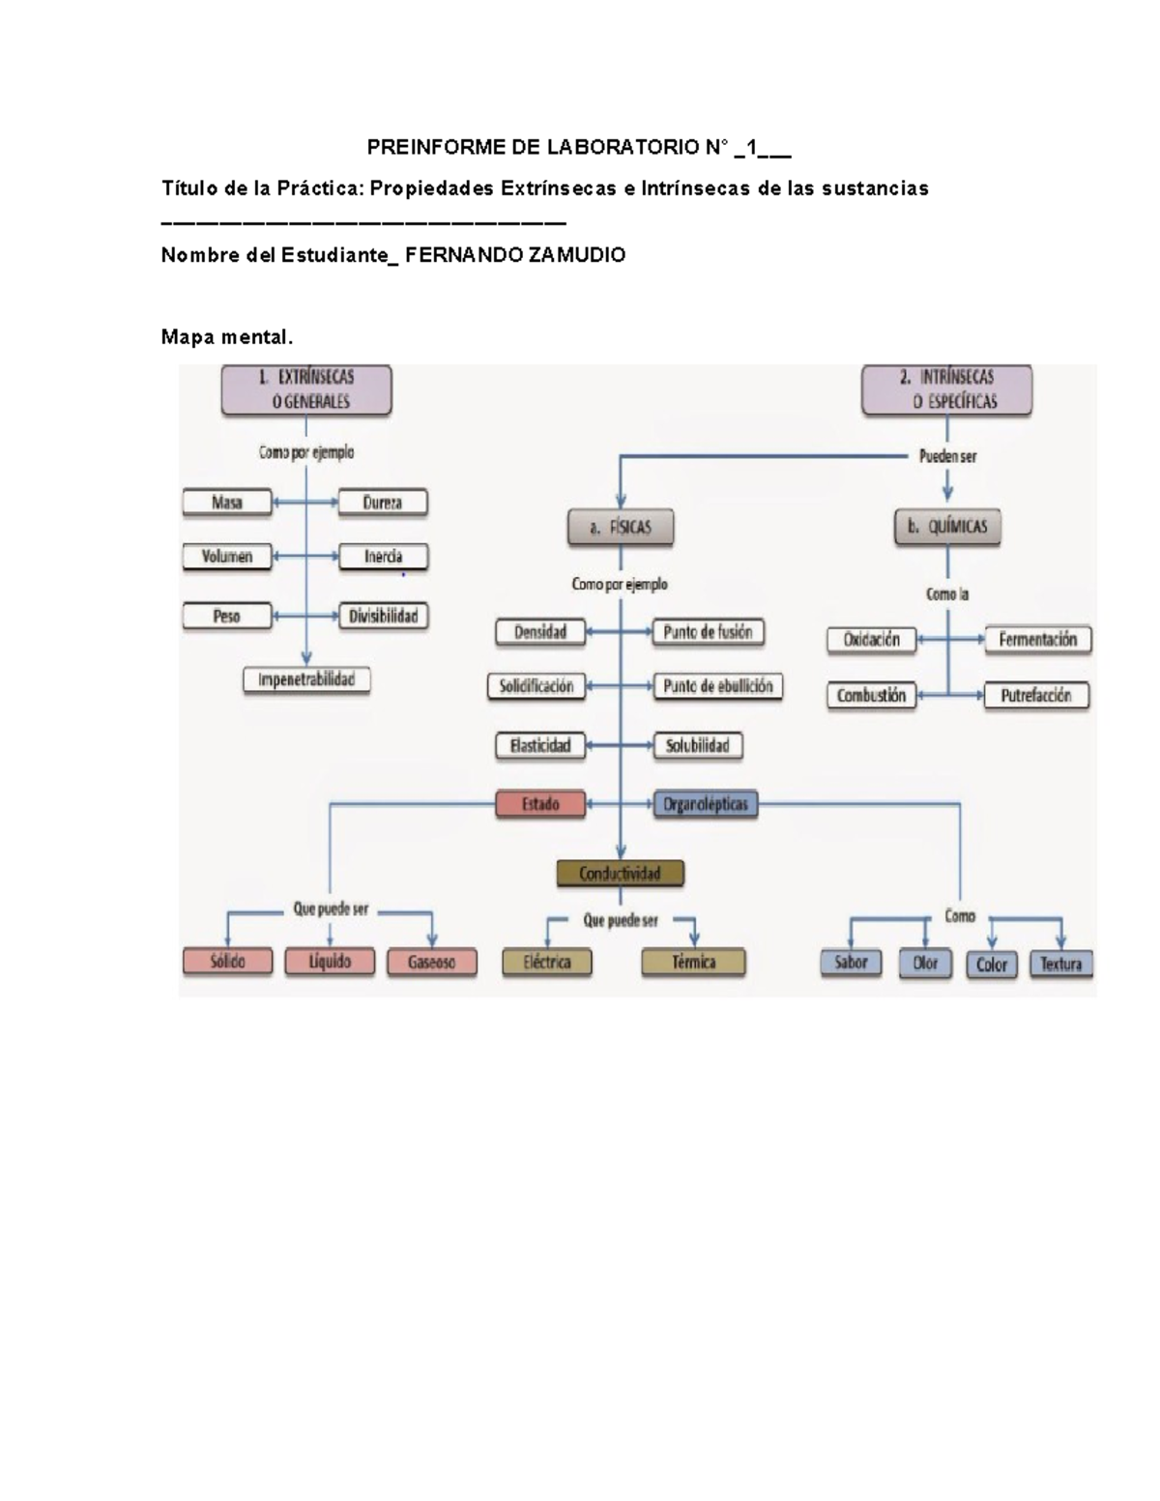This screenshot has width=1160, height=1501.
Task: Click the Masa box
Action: click(227, 503)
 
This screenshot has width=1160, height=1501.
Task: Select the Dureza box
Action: click(383, 503)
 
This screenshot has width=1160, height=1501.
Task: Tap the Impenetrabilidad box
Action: click(306, 680)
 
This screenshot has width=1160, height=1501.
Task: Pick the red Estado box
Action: click(540, 804)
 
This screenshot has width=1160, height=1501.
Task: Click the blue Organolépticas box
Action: click(706, 804)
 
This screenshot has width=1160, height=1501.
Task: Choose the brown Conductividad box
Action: click(621, 874)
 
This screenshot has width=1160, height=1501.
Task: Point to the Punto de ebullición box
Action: click(718, 686)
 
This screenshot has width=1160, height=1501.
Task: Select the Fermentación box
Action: click(1037, 640)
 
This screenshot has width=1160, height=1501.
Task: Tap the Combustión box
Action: click(871, 696)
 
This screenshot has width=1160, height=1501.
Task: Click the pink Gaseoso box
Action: click(431, 963)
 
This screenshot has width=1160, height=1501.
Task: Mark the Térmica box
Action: click(693, 963)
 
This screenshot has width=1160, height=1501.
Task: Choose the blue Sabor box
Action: click(851, 963)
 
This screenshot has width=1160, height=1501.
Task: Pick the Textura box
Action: click(1060, 964)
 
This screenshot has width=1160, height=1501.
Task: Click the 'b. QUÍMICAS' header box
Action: click(947, 528)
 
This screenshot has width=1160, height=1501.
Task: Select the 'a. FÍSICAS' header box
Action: click(620, 528)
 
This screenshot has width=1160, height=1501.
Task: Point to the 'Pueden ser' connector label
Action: click(947, 456)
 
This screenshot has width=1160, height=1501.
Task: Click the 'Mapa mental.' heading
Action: click(226, 337)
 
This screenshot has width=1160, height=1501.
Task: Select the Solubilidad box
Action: click(697, 746)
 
